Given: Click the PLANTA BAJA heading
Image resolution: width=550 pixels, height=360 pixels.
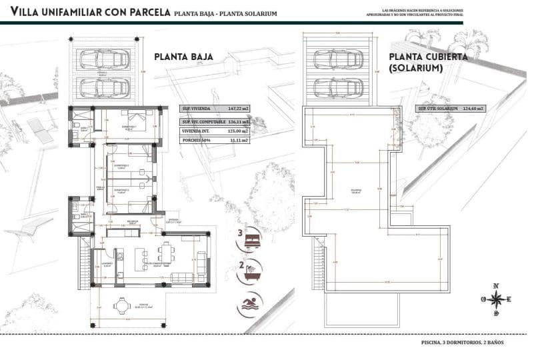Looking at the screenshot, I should point(183,57).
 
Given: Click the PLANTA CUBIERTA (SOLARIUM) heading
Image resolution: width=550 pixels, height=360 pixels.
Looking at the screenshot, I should point(429,63).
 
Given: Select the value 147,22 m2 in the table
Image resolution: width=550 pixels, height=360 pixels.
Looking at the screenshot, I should point(239,108).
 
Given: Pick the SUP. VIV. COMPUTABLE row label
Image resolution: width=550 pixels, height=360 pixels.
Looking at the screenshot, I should point(203,122).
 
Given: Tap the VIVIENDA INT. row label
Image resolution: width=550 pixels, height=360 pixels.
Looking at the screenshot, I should point(197,131).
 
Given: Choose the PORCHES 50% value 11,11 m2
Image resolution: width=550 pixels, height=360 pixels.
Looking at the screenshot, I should point(239,141).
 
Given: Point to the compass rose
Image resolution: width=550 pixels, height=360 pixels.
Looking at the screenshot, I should point(495,300).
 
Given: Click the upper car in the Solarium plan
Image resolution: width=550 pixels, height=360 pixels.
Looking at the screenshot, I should point(337,60).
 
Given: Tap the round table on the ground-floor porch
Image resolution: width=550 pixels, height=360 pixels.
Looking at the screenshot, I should point(121,306).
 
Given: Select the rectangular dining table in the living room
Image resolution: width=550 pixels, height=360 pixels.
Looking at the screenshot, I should point(165,253).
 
